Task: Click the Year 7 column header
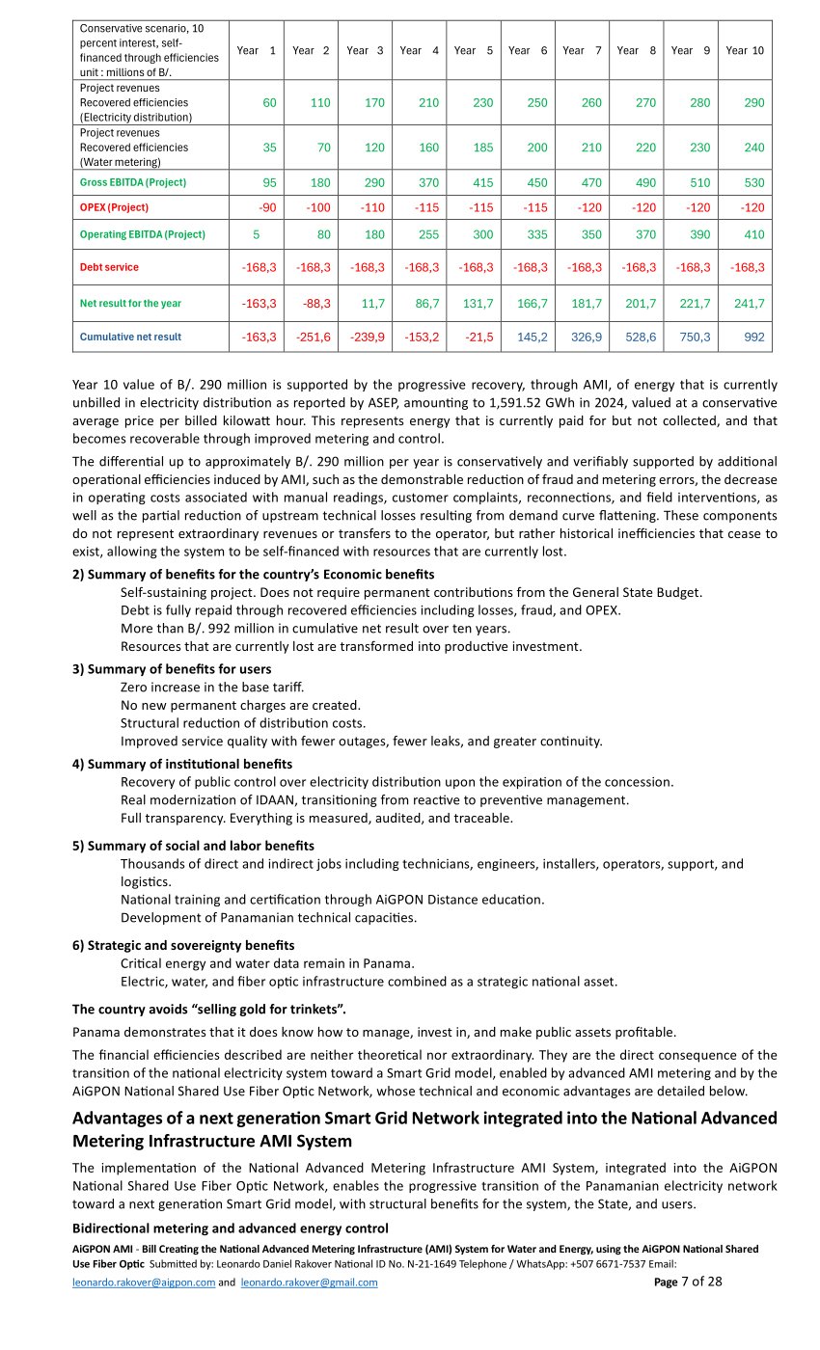click(581, 50)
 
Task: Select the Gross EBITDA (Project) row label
click(133, 182)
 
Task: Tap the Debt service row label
click(109, 267)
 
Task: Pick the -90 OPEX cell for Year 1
click(256, 207)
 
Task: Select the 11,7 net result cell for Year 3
click(365, 304)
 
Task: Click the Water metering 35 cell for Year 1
click(256, 148)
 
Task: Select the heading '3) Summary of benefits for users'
click(172, 669)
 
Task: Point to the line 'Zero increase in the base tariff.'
click(212, 687)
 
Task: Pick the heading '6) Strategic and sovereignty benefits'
click(183, 945)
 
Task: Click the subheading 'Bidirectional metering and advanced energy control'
click(230, 1228)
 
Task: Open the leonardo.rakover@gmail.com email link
click(309, 1282)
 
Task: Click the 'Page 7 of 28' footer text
click(687, 1282)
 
